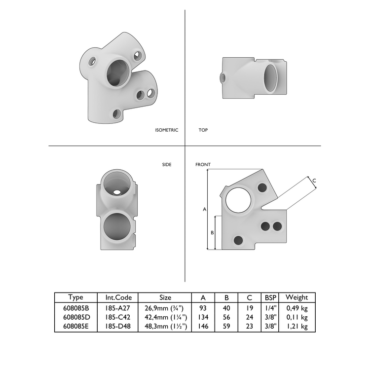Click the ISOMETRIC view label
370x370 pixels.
tap(166, 130)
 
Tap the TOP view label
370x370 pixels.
tap(203, 130)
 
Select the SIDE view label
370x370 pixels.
tap(167, 165)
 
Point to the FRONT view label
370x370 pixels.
tap(203, 165)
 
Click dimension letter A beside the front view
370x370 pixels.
tap(204, 209)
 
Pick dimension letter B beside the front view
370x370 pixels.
tap(212, 232)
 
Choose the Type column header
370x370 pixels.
tap(75, 297)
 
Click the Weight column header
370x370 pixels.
tap(297, 297)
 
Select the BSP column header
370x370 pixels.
tap(270, 297)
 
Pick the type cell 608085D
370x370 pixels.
tap(75, 317)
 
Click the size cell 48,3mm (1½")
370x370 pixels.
tap(165, 327)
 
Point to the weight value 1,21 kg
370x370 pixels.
tap(297, 327)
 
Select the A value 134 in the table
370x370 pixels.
tap(203, 317)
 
